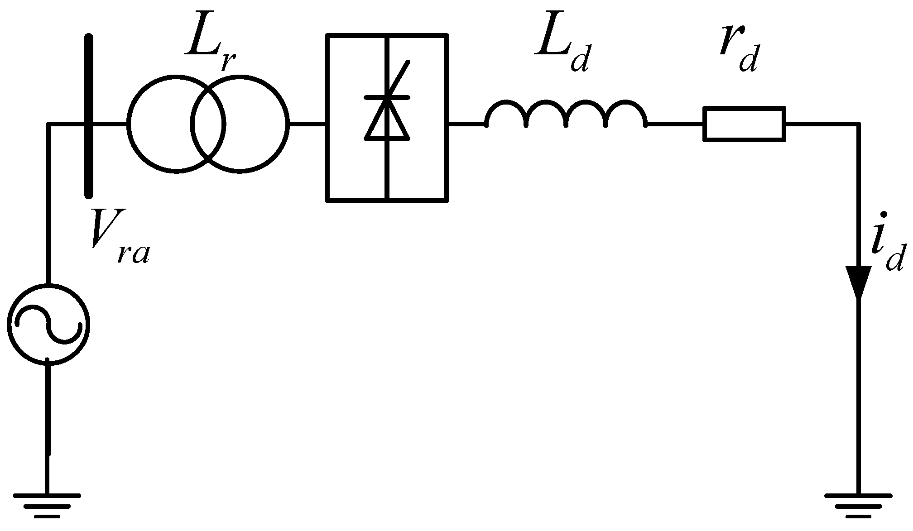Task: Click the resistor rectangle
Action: (x=744, y=124)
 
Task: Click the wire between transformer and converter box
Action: (x=307, y=123)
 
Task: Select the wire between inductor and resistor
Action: (x=675, y=123)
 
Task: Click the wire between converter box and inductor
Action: (x=466, y=123)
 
